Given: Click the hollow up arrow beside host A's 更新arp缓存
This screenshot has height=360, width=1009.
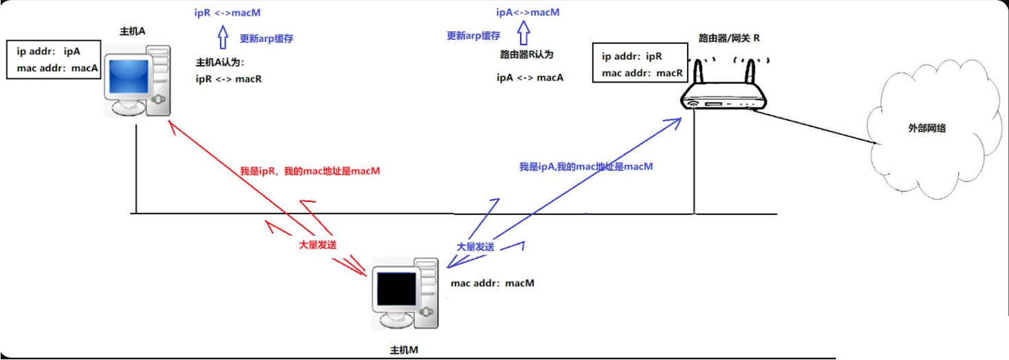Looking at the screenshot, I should pyautogui.click(x=223, y=38).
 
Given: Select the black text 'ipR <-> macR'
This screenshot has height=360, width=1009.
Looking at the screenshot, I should pyautogui.click(x=228, y=79).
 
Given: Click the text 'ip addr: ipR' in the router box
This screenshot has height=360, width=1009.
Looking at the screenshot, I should pyautogui.click(x=632, y=56).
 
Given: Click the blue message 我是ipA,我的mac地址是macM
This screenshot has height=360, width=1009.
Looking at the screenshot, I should pyautogui.click(x=586, y=166).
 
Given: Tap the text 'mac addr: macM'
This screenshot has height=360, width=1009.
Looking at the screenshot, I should pyautogui.click(x=492, y=282).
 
